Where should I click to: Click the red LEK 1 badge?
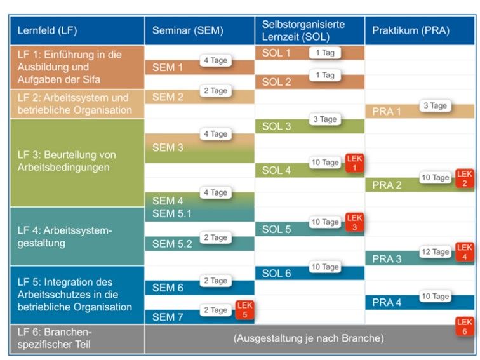coord(354,163)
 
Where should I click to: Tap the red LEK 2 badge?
coord(465,178)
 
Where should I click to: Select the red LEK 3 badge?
coord(354,222)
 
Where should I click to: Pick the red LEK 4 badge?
coord(465,252)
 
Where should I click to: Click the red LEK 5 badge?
coord(244,310)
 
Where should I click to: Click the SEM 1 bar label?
coord(168,67)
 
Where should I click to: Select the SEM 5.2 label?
coord(172,244)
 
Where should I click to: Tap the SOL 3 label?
coord(276,126)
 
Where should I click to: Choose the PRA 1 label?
coord(387,112)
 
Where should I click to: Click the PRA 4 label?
coord(387,302)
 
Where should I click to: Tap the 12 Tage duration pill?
coord(436,252)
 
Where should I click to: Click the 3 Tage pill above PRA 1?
coord(435,106)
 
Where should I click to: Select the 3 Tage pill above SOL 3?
coord(324,119)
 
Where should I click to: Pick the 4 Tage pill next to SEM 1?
coord(215,60)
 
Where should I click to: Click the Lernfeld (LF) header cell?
coord(48,30)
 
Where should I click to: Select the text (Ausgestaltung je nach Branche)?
coord(309,338)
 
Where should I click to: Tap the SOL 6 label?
coord(276,273)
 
